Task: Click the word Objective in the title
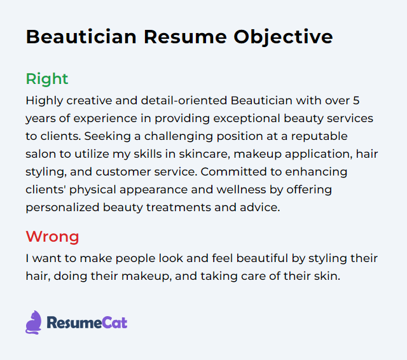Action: point(283,38)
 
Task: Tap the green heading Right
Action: point(47,79)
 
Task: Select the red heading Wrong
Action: point(52,237)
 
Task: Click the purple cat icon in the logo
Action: point(34,322)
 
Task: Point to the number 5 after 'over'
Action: point(356,100)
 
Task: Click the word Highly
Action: point(45,101)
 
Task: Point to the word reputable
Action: point(319,137)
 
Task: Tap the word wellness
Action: point(242,190)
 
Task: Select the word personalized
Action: point(62,208)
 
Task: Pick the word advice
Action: point(260,207)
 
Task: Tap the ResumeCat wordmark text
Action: point(87,323)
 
